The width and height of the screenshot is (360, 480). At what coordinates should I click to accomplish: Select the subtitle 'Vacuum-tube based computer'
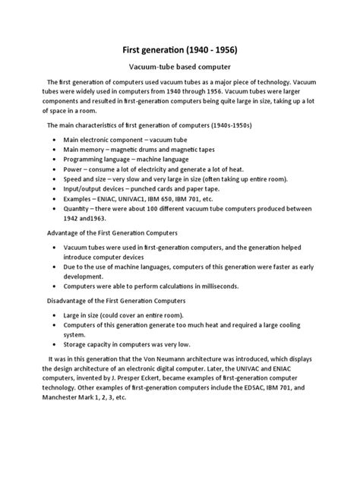click(x=180, y=67)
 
